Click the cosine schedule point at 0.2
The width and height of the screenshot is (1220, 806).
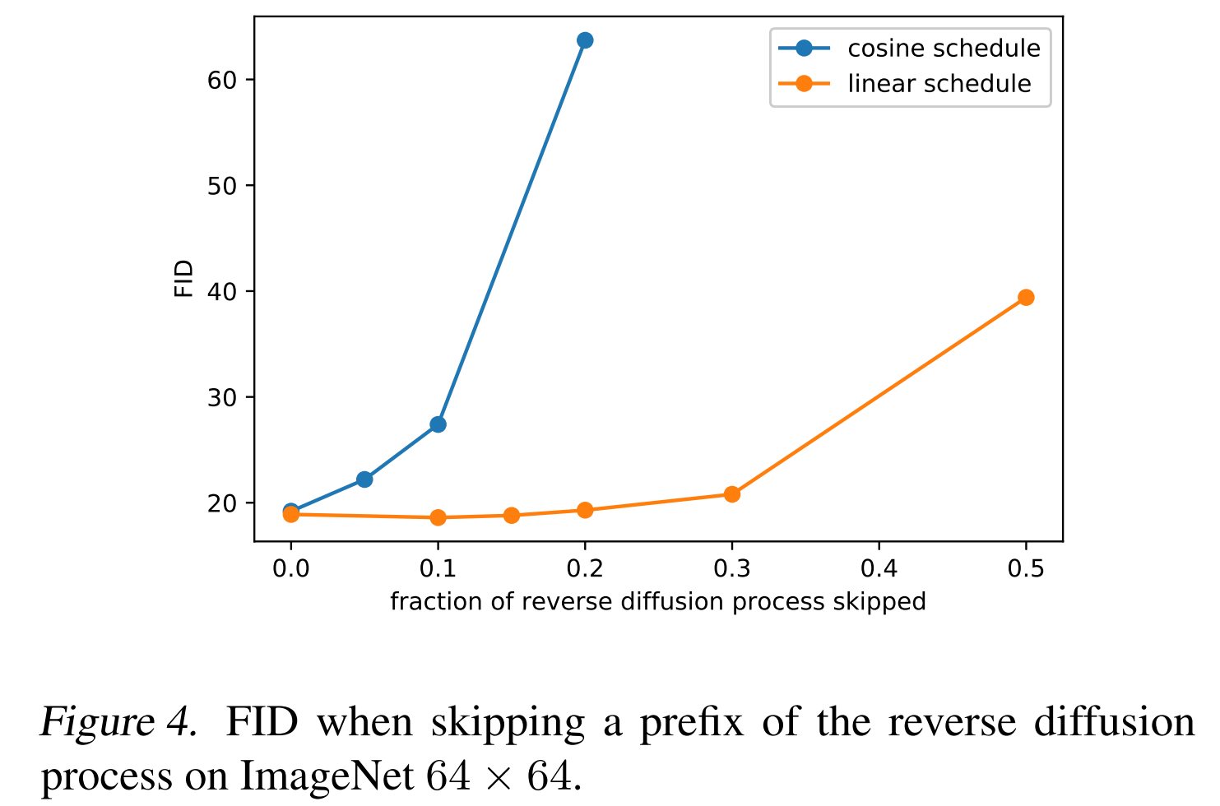585,40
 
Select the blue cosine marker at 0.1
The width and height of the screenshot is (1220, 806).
438,424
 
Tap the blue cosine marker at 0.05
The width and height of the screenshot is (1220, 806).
364,479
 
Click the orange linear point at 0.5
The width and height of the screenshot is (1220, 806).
1026,298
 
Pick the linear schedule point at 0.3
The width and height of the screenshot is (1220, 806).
732,494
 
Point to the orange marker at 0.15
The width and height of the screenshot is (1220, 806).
512,516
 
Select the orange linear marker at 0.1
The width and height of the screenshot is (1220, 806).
438,517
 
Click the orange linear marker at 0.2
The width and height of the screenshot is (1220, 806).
585,510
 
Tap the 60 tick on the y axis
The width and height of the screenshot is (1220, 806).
221,80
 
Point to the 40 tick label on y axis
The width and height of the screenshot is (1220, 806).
221,292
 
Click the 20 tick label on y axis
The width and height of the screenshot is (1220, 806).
221,503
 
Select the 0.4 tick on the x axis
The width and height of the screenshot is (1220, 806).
879,568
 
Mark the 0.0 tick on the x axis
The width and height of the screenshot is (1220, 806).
290,568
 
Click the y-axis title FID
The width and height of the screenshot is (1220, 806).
183,278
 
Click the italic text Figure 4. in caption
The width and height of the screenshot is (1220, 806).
118,723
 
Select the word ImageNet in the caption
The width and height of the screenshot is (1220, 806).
327,775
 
